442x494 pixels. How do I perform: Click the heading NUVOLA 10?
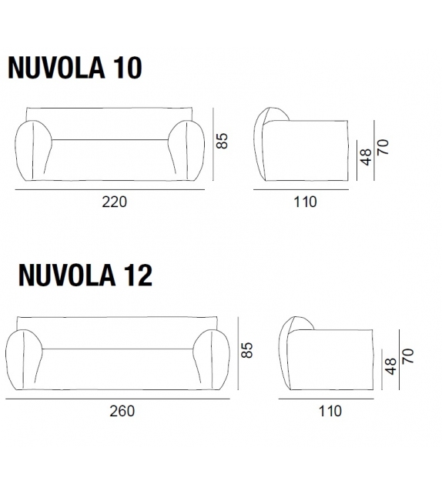75,68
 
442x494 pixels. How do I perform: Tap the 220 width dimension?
113,202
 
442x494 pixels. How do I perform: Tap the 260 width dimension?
121,411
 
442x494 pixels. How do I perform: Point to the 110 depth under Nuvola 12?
330,411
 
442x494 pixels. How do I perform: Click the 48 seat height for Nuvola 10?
367,157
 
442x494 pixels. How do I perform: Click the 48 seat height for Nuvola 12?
390,366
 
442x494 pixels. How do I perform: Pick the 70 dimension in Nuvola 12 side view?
407,356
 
